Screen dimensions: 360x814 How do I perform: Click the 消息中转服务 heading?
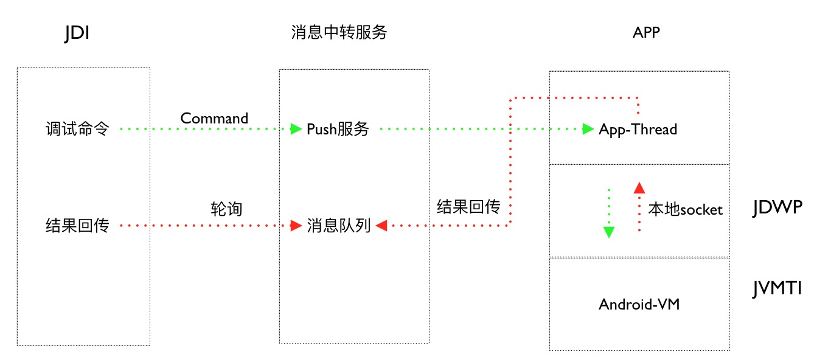(339, 32)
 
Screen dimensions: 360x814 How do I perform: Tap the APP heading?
(646, 33)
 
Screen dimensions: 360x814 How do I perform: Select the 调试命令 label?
(77, 129)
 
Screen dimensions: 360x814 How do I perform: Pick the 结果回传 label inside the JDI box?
(77, 226)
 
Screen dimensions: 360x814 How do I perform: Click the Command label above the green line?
(214, 118)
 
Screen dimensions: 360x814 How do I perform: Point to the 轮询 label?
(226, 209)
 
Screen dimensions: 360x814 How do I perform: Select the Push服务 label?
(338, 129)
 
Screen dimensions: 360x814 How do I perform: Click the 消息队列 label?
(339, 226)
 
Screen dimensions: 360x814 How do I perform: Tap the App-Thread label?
(638, 129)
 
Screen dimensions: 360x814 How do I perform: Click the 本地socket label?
(685, 210)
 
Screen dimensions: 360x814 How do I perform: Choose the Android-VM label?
(639, 304)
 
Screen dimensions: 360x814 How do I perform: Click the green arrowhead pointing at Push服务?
(296, 129)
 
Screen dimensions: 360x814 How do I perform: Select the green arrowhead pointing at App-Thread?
(588, 129)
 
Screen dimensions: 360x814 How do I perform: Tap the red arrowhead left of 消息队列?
(296, 226)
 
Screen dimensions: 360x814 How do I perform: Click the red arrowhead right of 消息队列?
(381, 226)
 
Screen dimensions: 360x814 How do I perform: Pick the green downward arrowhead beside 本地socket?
(608, 232)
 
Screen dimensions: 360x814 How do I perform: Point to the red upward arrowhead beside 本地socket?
(639, 187)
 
